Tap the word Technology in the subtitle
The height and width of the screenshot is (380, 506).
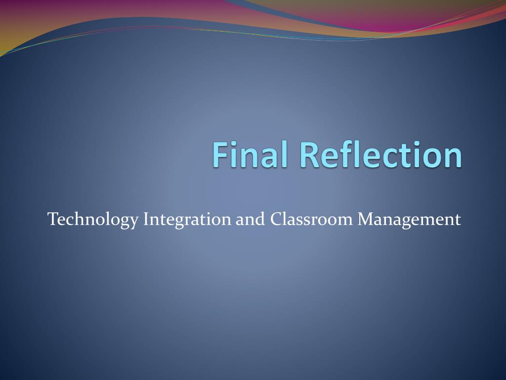pyautogui.click(x=92, y=220)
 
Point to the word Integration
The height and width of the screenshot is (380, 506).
pyautogui.click(x=187, y=220)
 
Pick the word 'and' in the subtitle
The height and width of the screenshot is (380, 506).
pyautogui.click(x=250, y=219)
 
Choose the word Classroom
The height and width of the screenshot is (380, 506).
pyautogui.click(x=311, y=219)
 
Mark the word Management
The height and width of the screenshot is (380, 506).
pyautogui.click(x=409, y=220)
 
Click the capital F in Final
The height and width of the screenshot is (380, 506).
pyautogui.click(x=221, y=154)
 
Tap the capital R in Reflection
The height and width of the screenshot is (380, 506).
pyautogui.click(x=310, y=154)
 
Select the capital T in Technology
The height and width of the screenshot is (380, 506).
pyautogui.click(x=53, y=219)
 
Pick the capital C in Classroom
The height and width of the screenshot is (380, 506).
pyautogui.click(x=276, y=219)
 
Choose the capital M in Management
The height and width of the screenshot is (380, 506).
pyautogui.click(x=366, y=219)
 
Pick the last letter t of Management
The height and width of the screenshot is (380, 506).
pyautogui.click(x=458, y=220)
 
